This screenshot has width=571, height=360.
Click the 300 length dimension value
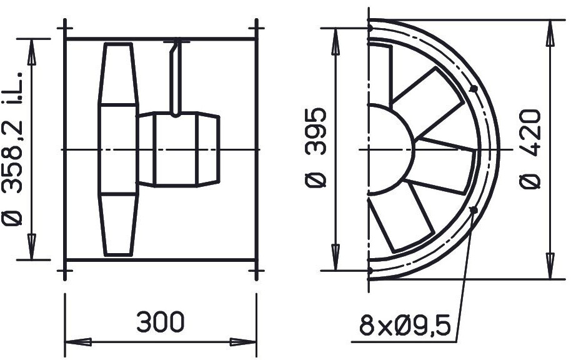[x=161, y=321]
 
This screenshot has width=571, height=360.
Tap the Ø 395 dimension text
[x=315, y=147]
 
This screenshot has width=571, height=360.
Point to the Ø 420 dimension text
[x=530, y=149]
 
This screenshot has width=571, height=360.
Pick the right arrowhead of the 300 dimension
[x=243, y=342]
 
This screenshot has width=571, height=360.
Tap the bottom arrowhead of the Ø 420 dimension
[x=550, y=266]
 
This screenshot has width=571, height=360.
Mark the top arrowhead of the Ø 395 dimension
[x=335, y=41]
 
